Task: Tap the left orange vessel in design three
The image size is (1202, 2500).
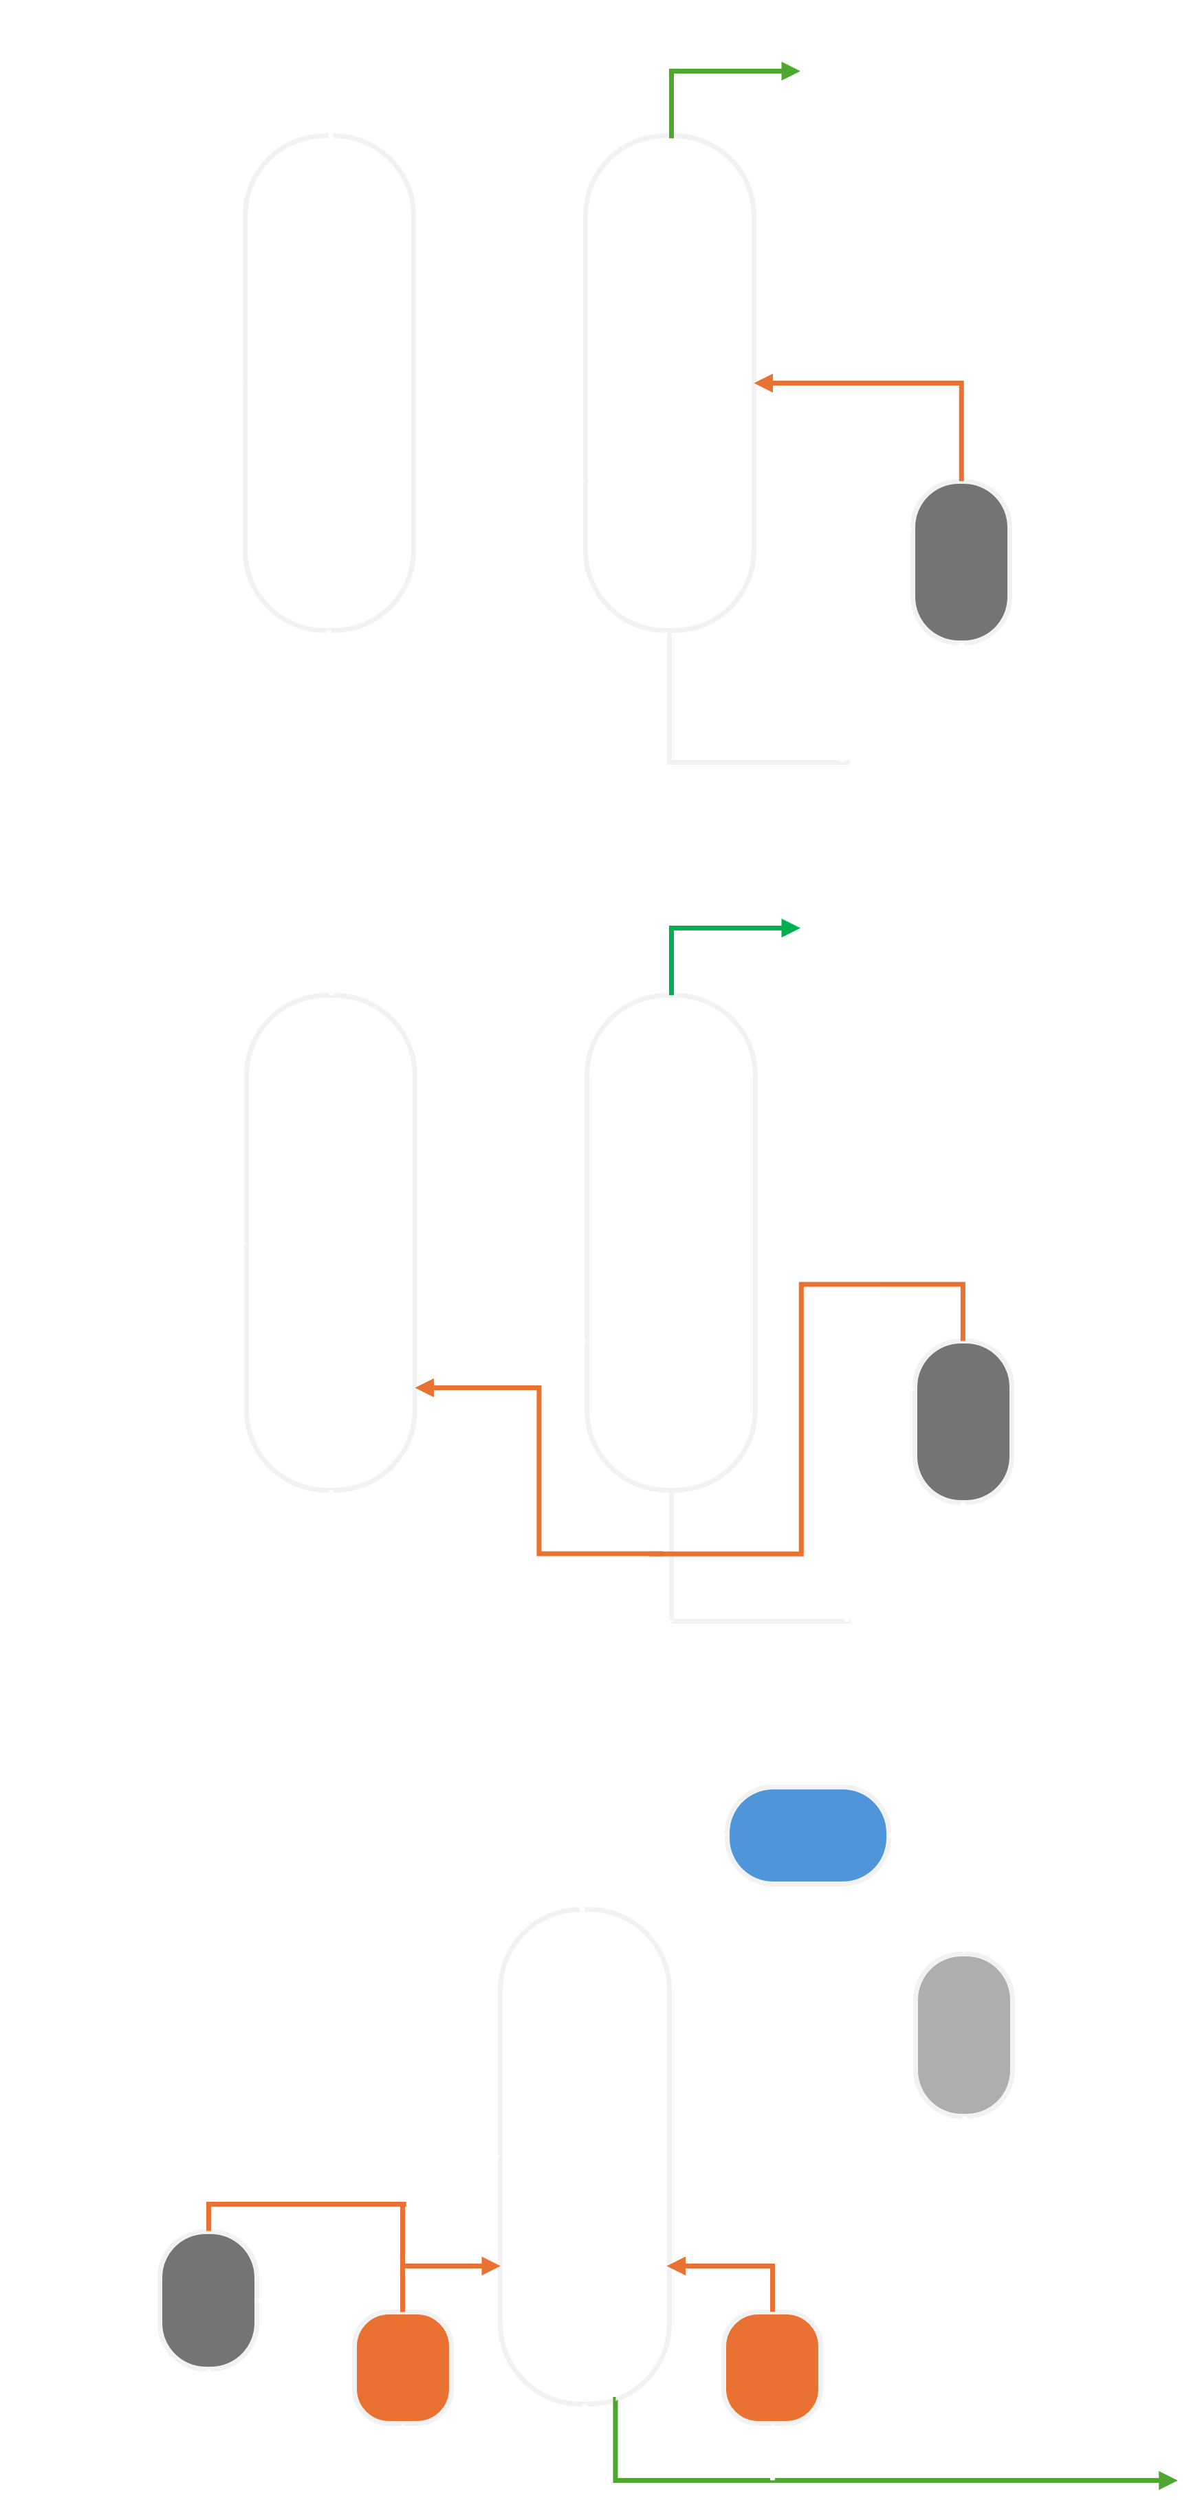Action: [402, 2366]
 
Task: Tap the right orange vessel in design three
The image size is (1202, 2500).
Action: [772, 2366]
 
